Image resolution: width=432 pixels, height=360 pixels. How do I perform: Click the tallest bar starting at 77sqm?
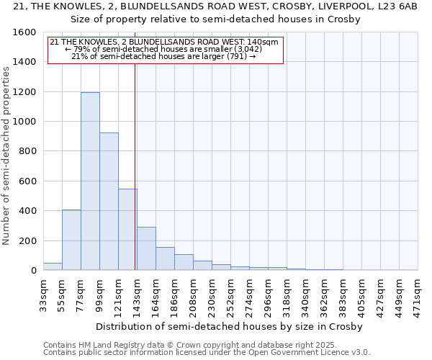[x=90, y=181]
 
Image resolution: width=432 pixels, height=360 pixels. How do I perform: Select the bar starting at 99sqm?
[x=109, y=202]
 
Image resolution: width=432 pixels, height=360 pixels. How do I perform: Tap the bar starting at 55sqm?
[x=71, y=240]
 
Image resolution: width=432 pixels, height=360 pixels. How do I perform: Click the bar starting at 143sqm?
[x=146, y=248]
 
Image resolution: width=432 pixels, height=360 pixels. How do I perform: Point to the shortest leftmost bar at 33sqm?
[x=53, y=266]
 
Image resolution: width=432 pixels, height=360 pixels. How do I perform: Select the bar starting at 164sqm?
[x=165, y=258]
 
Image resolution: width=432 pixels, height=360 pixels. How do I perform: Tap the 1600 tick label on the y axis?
[x=24, y=32]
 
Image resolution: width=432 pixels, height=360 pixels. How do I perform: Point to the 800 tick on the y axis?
[x=27, y=152]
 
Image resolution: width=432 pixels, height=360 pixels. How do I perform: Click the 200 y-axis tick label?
[x=27, y=241]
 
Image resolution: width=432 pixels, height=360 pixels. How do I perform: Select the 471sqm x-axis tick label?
[x=418, y=294]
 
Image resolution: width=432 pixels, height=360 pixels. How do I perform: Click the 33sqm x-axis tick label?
[x=43, y=293]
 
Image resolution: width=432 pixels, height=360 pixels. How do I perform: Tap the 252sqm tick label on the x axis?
[x=230, y=294]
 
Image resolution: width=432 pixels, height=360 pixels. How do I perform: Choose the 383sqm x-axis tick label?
[x=343, y=294]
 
